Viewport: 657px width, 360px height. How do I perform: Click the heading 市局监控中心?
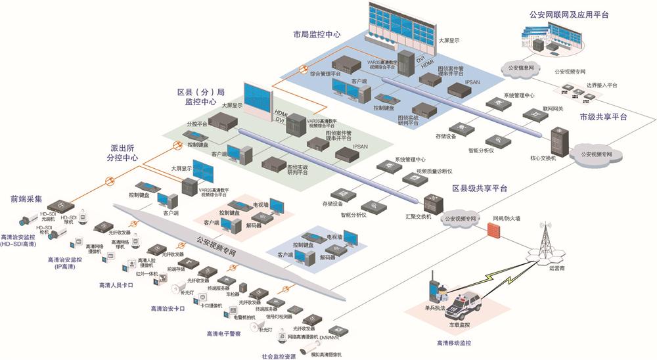coord(317,34)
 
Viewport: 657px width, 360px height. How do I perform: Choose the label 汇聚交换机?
coord(418,216)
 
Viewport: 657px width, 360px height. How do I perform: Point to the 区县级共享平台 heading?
coord(480,189)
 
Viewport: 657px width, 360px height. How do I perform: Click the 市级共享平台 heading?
coord(602,116)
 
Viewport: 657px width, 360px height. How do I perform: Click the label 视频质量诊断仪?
coord(431,171)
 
